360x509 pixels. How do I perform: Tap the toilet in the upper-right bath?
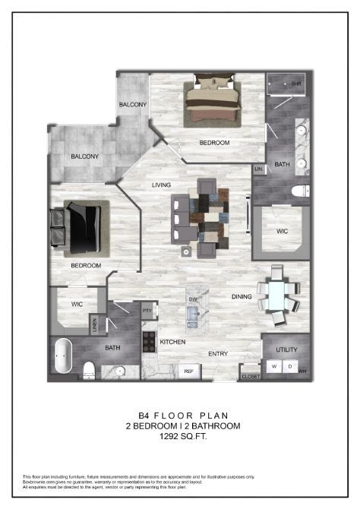[x=297, y=189]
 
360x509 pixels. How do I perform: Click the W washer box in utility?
[x=274, y=366]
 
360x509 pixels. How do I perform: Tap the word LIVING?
[x=161, y=185]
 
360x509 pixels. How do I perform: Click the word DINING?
[x=242, y=297]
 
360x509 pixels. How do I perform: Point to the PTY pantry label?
[x=147, y=311]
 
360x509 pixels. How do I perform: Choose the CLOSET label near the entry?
[x=250, y=375]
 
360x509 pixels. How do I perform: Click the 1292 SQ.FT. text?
[x=179, y=437]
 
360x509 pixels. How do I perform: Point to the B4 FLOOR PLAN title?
[x=179, y=416]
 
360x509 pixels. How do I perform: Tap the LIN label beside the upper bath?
[x=258, y=168]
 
